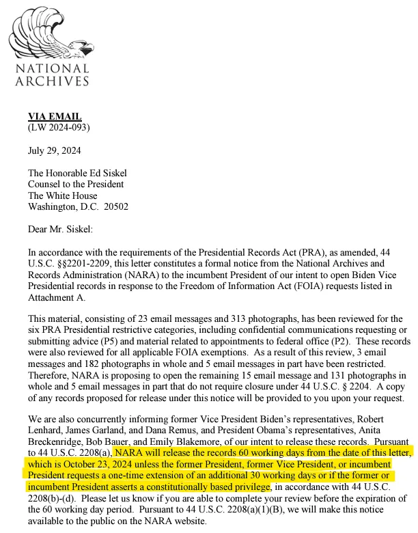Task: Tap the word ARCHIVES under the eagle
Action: point(52,81)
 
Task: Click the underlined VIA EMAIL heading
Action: point(55,117)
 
